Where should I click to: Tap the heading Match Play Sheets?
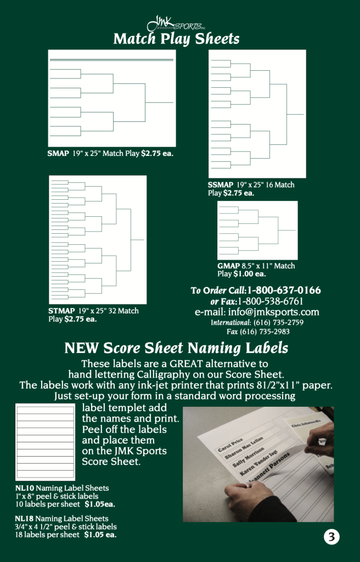click(176, 39)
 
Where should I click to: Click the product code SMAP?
click(58, 154)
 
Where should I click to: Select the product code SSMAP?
click(221, 185)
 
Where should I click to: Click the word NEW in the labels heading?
click(82, 348)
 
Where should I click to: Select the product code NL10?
click(24, 488)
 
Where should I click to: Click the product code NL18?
click(24, 519)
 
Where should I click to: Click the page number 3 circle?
click(331, 537)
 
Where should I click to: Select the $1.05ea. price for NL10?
click(99, 504)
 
